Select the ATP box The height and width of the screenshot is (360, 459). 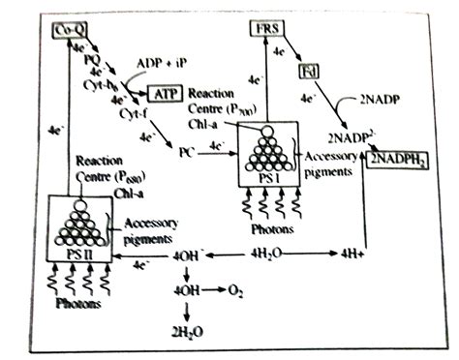pos(165,94)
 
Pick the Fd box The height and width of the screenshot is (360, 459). pos(307,70)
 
